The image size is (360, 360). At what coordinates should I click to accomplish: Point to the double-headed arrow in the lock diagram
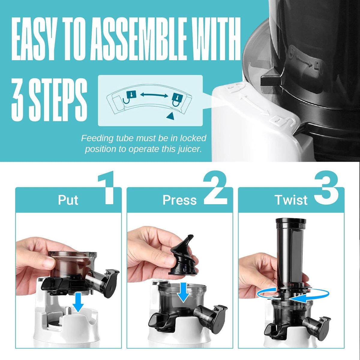pyautogui.click(x=154, y=95)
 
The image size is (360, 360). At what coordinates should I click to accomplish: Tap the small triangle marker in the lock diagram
pyautogui.click(x=170, y=116)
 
